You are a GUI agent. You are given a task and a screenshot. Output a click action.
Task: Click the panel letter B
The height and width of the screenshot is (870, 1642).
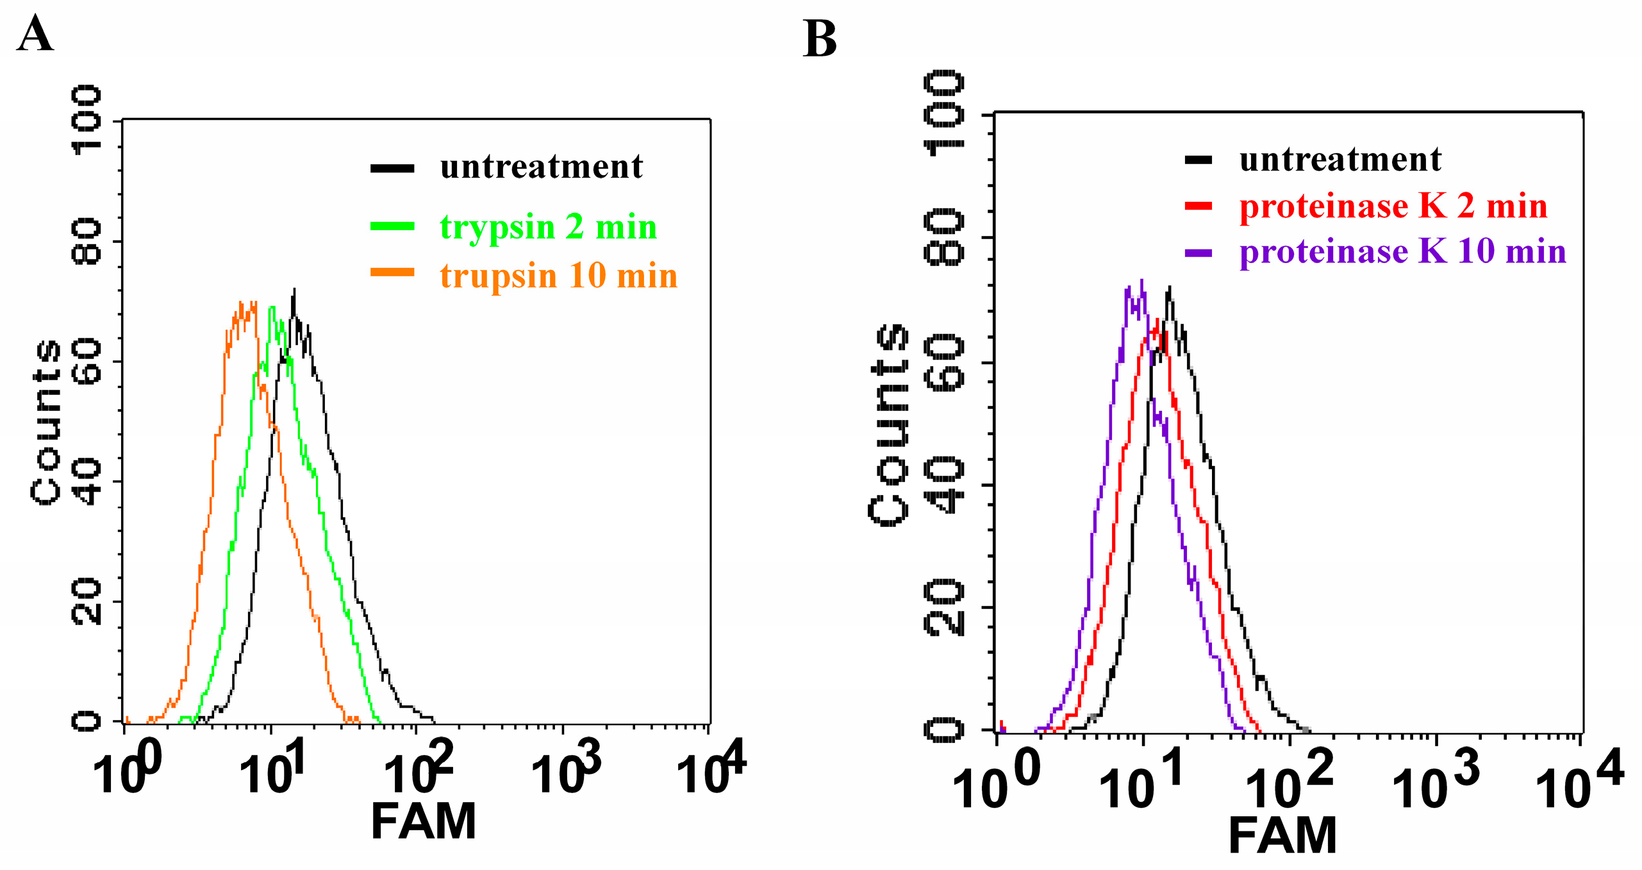[820, 39]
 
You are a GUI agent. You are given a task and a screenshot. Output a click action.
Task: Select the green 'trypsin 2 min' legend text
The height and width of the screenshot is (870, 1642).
[548, 228]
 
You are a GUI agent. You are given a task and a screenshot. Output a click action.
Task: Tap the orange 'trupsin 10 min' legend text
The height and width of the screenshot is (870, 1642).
[558, 276]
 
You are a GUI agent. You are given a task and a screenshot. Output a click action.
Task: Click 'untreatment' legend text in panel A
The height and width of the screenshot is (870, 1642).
[541, 167]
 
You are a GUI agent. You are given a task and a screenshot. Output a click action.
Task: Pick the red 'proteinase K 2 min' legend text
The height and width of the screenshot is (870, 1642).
[1393, 206]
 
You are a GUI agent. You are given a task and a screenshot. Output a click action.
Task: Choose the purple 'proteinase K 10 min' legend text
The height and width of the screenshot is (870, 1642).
[1402, 251]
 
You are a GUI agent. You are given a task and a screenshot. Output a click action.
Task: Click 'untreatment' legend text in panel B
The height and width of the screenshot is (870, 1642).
[1340, 159]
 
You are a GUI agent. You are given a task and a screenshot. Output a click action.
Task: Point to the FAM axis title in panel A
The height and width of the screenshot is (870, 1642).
[424, 821]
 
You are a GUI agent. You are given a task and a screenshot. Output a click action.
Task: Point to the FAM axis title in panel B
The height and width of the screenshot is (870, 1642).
[1282, 835]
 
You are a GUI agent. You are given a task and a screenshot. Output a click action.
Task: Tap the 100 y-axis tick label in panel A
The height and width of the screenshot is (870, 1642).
[87, 120]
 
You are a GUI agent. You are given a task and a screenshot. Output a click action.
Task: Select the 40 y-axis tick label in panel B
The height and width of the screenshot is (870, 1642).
[944, 485]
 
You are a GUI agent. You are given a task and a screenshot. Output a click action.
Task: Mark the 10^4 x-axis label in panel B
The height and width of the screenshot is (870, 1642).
[1579, 779]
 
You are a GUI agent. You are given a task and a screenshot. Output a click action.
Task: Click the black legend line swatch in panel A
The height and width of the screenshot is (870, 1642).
[392, 169]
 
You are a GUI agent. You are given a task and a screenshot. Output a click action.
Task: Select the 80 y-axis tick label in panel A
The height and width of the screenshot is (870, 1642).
[87, 242]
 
